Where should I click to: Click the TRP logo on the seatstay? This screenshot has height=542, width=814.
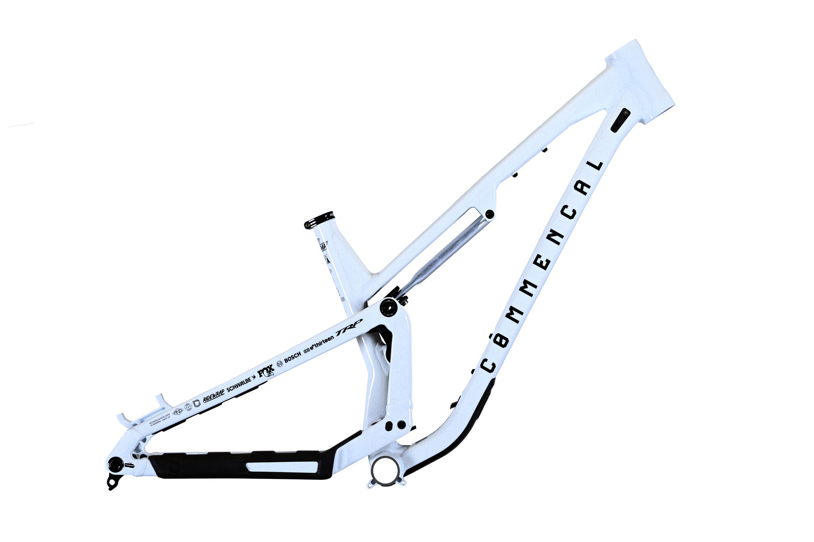(348, 328)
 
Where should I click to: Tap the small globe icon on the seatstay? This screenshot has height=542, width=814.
(188, 407)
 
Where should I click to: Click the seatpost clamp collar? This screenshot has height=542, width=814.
(319, 220)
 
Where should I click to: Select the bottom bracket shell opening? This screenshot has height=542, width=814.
(385, 471)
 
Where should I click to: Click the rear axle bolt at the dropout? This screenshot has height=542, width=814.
(116, 464)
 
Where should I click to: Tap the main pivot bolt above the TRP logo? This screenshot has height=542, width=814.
(389, 307)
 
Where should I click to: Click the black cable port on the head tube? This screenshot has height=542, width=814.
(620, 120)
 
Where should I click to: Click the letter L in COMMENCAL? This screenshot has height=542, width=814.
(595, 165)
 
